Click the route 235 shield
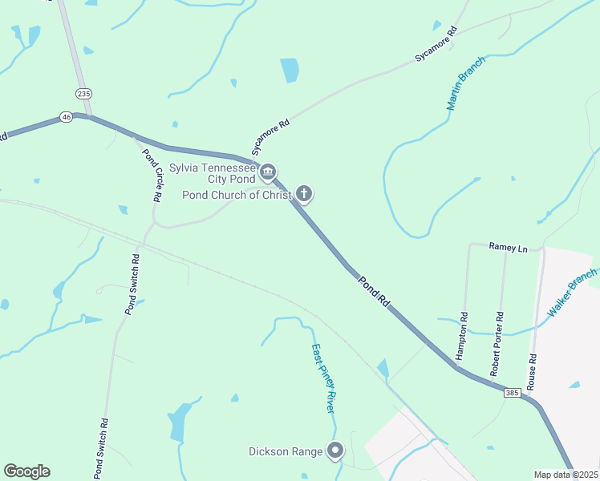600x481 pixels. point(83,94)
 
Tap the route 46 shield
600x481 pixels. point(66,118)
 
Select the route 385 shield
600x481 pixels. point(513,393)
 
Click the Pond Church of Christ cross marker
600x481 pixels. point(303,193)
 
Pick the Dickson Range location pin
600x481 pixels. point(335,451)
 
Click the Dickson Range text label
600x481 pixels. point(286,452)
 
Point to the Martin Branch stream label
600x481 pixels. point(466,83)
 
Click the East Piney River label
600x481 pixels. point(322,378)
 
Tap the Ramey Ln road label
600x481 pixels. point(509,249)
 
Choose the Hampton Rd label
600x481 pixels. point(461,334)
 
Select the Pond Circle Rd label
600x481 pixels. point(152,174)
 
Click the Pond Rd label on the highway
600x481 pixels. point(374,292)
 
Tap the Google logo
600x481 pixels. point(26,471)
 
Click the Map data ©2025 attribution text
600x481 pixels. point(565,475)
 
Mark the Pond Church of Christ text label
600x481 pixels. point(237,195)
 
